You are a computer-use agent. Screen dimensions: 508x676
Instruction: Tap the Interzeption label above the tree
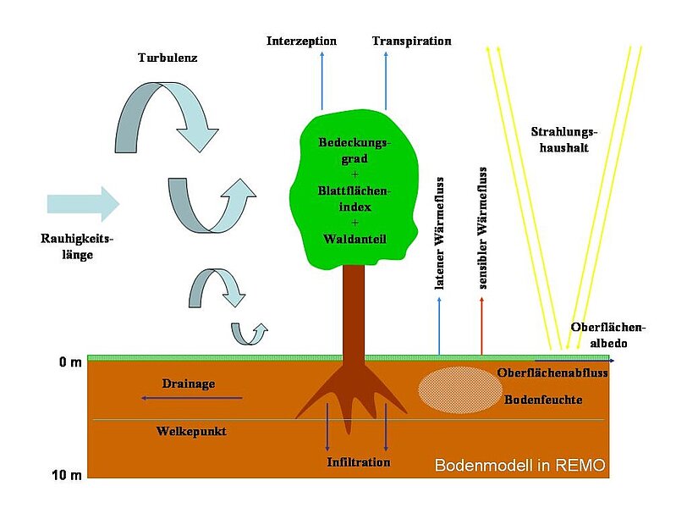click(301, 41)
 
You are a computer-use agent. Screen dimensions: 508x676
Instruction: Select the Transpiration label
click(411, 41)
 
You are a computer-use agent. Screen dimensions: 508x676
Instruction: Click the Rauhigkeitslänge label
click(75, 246)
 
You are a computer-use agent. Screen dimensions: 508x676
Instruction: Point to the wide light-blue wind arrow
click(84, 204)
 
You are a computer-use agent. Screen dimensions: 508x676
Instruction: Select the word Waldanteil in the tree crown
click(354, 240)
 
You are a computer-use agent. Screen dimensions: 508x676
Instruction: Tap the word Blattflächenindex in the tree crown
click(354, 199)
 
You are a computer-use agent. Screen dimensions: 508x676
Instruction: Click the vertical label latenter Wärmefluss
click(440, 234)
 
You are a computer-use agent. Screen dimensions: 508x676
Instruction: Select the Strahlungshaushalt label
click(565, 141)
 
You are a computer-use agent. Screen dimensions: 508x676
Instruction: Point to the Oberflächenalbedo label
click(608, 334)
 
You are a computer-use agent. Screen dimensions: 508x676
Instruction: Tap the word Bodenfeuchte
click(542, 400)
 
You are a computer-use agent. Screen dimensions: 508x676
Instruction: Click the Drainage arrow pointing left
click(191, 398)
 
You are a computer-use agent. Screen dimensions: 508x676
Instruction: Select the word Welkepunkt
click(191, 431)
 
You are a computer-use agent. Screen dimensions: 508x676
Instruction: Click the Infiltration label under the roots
click(359, 462)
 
